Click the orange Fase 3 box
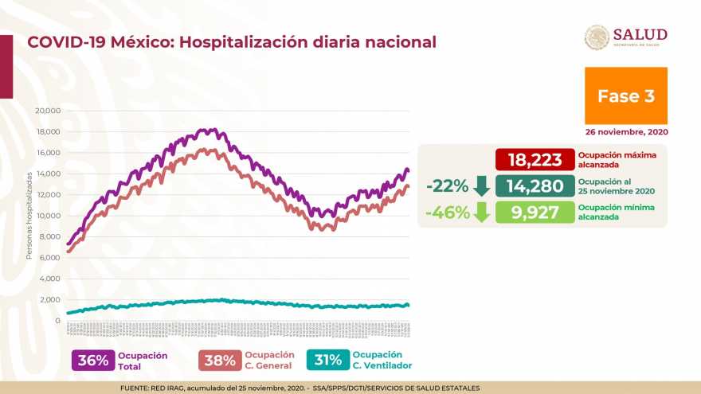pyautogui.click(x=625, y=96)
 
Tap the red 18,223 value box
pyautogui.click(x=535, y=159)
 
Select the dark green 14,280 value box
pyautogui.click(x=535, y=186)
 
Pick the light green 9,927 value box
pyautogui.click(x=535, y=213)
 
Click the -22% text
pyautogui.click(x=446, y=186)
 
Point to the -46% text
pyautogui.click(x=446, y=213)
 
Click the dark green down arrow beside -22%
pyautogui.click(x=481, y=186)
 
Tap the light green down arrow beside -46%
pyautogui.click(x=481, y=213)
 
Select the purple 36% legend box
pyautogui.click(x=93, y=360)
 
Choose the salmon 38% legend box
pyautogui.click(x=220, y=360)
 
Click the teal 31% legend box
pyautogui.click(x=327, y=360)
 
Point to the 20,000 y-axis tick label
pyautogui.click(x=49, y=111)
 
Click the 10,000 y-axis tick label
pyautogui.click(x=49, y=216)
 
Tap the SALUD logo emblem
pyautogui.click(x=597, y=37)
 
